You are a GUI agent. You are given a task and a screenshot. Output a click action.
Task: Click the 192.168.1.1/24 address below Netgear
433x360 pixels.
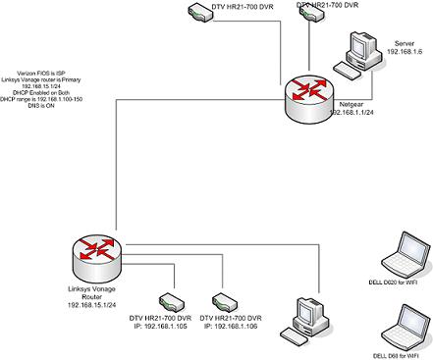pyautogui.click(x=357, y=113)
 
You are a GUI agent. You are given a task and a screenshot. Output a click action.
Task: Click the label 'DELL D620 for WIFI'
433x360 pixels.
pyautogui.click(x=401, y=283)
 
